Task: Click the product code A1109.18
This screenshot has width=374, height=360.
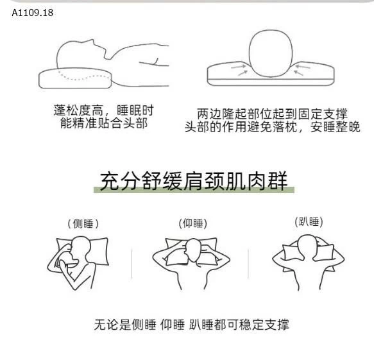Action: point(33,13)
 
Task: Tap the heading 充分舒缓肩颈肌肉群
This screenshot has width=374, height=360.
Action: point(194,181)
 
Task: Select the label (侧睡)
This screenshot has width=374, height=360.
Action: point(83,224)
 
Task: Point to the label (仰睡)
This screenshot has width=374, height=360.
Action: point(192,223)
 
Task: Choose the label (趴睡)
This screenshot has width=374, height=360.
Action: point(309,222)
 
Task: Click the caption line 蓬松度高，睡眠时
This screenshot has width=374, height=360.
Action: point(103,110)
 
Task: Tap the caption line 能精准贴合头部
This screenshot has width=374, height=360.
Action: point(104,123)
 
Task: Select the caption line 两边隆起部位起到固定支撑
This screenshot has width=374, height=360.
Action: point(272,114)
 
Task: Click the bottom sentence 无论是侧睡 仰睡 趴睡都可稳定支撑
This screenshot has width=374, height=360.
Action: point(192,325)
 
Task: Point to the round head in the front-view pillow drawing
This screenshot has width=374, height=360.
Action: point(271,53)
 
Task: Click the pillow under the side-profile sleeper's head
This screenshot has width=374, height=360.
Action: point(75,78)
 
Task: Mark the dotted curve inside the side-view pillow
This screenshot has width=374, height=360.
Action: point(84,77)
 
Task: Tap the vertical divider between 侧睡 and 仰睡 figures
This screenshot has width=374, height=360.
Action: point(132,264)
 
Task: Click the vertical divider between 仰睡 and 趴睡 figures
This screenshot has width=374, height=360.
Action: point(248,264)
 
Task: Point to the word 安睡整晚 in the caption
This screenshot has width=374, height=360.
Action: point(335,126)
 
